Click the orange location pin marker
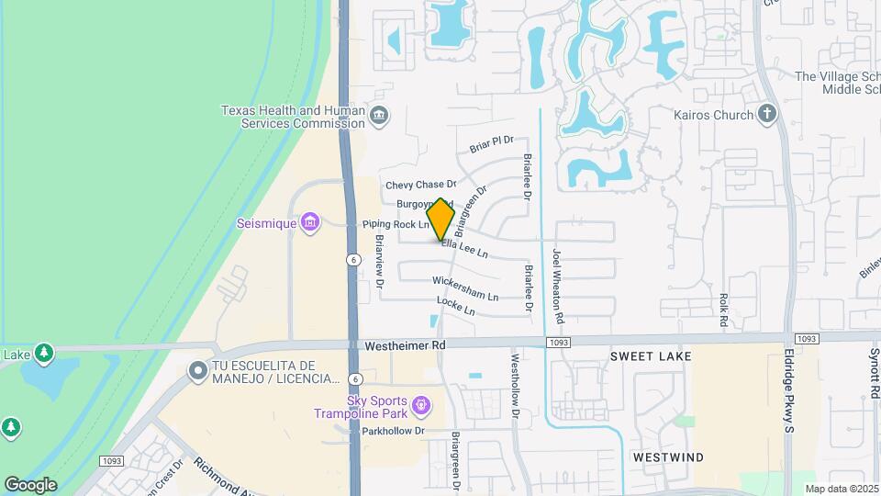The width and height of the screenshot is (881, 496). coord(441,220)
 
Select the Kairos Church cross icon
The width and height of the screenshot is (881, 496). coord(767,114)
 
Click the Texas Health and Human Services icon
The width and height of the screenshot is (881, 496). coord(379,116)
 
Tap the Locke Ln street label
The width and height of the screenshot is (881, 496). coord(455,306)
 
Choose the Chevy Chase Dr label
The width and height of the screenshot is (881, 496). coord(420,185)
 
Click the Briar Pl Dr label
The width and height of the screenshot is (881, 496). coord(491,143)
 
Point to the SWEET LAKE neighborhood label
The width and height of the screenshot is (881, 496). coord(651,355)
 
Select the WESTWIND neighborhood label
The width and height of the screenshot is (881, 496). coord(668,457)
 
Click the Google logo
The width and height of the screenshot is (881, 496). coord(30,484)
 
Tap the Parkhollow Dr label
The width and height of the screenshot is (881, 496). coord(394,430)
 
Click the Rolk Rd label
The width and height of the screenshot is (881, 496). coord(723,310)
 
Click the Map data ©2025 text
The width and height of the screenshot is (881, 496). coord(842,488)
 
